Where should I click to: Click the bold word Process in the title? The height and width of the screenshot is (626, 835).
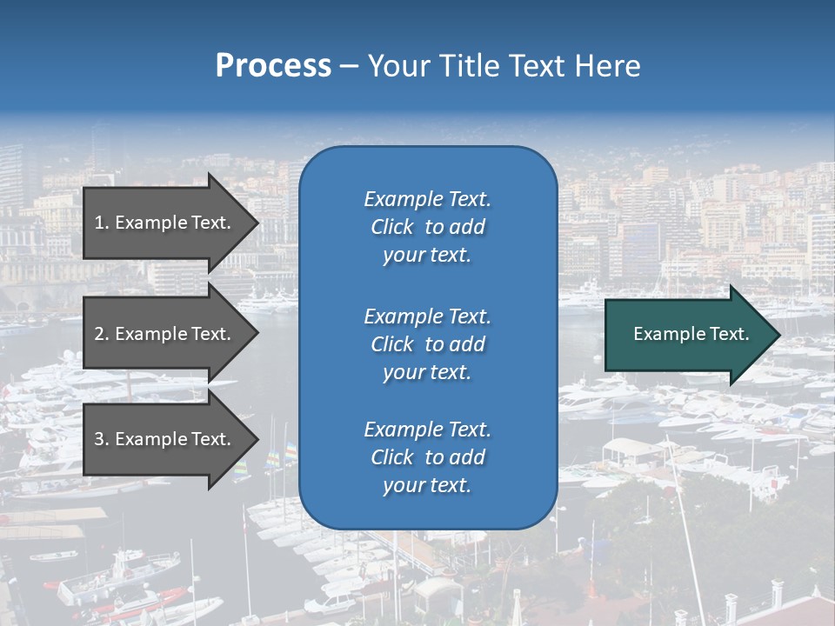[273, 66]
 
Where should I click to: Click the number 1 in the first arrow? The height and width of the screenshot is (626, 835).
[99, 223]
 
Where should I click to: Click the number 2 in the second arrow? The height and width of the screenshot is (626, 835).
[99, 334]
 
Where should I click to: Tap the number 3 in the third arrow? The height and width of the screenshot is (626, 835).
[99, 439]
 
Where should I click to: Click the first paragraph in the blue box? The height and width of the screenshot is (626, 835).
[427, 227]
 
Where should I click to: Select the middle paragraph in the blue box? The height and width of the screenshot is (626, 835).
[427, 344]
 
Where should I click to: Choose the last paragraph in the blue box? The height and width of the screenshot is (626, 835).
[427, 457]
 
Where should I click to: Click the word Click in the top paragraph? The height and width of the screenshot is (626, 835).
[391, 227]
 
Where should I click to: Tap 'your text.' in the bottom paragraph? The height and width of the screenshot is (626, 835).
[427, 485]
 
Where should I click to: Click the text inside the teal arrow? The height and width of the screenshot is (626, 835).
[691, 334]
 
